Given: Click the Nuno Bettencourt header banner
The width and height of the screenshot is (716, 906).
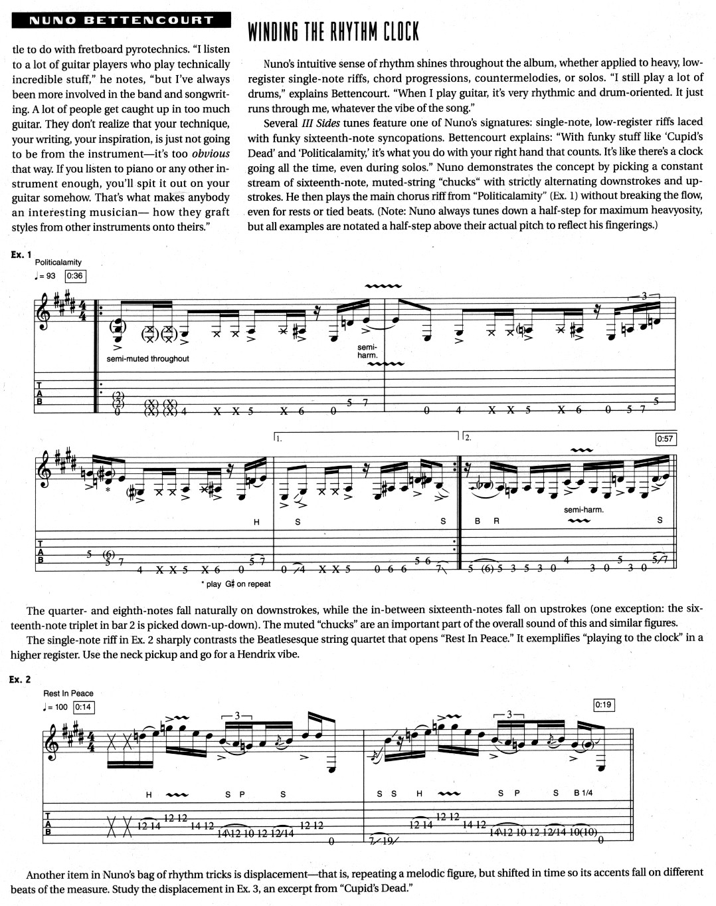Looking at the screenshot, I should (120, 20).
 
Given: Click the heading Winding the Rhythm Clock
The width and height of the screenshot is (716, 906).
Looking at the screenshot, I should (333, 31).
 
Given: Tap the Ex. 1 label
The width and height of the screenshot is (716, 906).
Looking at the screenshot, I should (22, 254).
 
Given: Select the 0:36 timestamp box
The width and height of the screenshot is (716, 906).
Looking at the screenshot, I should (75, 276).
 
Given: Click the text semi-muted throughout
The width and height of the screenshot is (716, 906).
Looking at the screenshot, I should (147, 359).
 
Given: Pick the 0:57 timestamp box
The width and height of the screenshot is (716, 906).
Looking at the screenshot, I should (665, 439).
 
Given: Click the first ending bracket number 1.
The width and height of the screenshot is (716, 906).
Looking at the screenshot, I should (279, 438).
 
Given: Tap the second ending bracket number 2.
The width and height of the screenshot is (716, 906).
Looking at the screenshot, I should (468, 438).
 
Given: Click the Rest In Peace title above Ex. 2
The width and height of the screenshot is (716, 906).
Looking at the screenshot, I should (68, 693).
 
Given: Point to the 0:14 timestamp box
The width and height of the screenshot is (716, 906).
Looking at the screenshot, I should (83, 707).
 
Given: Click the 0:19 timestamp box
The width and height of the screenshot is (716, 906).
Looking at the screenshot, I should (603, 705).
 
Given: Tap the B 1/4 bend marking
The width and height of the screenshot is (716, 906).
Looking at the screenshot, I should (583, 794).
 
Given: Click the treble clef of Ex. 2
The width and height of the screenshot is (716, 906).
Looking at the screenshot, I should (50, 742).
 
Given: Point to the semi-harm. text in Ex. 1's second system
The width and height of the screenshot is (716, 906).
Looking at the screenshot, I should (582, 510).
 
